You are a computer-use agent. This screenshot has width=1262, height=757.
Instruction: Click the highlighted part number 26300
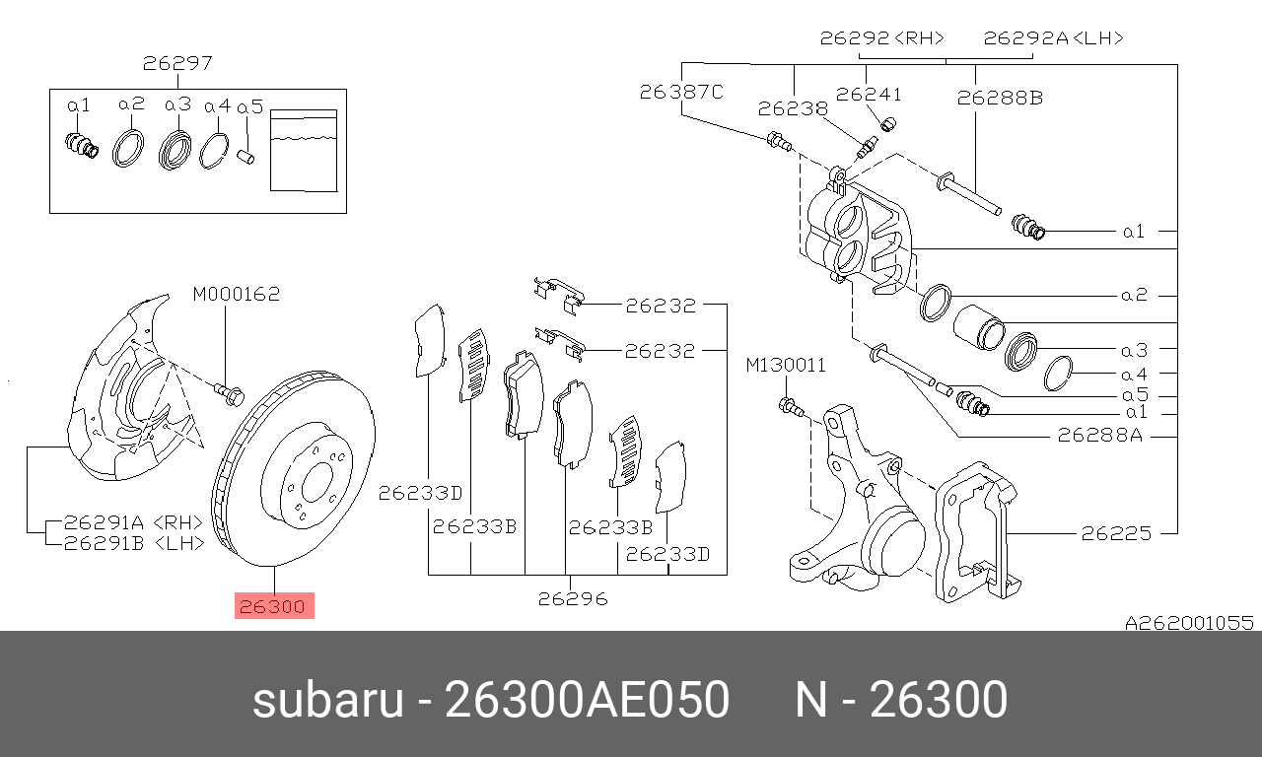click(x=274, y=606)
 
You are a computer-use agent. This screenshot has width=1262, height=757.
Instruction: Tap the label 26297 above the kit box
click(x=177, y=63)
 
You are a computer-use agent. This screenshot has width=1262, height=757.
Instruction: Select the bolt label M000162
click(x=236, y=294)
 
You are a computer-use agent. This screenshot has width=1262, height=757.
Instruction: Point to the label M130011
click(x=786, y=365)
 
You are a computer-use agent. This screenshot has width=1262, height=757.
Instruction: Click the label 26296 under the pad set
click(x=573, y=598)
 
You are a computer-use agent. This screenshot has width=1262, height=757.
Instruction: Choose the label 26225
click(x=1116, y=533)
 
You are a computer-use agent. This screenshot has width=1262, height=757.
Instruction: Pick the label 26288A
click(x=1099, y=435)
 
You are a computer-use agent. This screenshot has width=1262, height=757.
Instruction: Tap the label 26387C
click(x=681, y=92)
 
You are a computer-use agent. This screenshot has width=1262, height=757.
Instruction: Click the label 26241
click(x=869, y=94)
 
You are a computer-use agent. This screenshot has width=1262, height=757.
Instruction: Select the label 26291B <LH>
click(x=134, y=543)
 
